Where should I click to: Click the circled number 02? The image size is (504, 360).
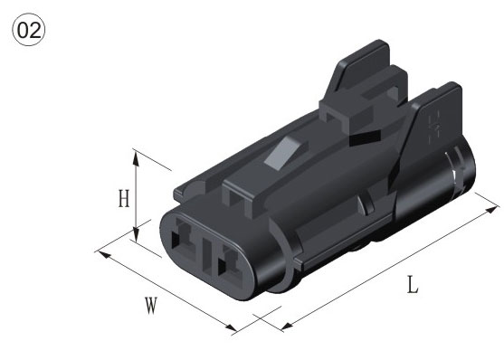tap(29, 30)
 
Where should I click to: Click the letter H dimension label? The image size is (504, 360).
tap(124, 198)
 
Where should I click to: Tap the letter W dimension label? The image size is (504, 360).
tap(151, 306)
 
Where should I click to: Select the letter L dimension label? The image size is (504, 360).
tap(413, 285)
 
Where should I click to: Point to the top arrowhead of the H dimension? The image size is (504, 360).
tap(136, 158)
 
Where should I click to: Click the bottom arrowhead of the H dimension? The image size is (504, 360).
tap(136, 233)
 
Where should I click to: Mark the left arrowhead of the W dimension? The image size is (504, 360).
tap(104, 254)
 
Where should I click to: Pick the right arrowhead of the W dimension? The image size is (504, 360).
tap(231, 327)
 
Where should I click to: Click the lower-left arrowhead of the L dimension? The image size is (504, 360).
tap(287, 326)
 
